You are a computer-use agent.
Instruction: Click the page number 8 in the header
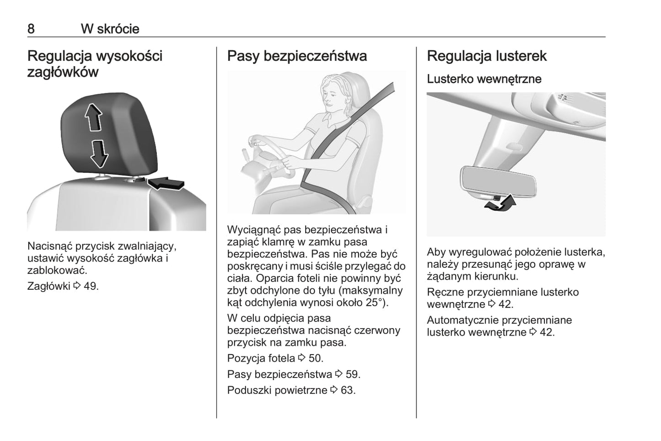[x=31, y=29]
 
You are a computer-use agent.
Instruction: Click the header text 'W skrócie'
[x=110, y=29]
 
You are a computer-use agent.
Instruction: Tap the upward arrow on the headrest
[x=93, y=117]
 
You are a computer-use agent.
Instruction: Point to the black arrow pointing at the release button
[x=166, y=183]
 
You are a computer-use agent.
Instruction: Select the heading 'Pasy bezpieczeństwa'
[x=297, y=56]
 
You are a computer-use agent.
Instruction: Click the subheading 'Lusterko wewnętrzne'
[x=484, y=79]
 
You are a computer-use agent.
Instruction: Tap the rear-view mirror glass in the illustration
[x=499, y=181]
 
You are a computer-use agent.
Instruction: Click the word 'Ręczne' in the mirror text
[x=446, y=292]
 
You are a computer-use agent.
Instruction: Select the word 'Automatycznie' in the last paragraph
[x=463, y=320]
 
